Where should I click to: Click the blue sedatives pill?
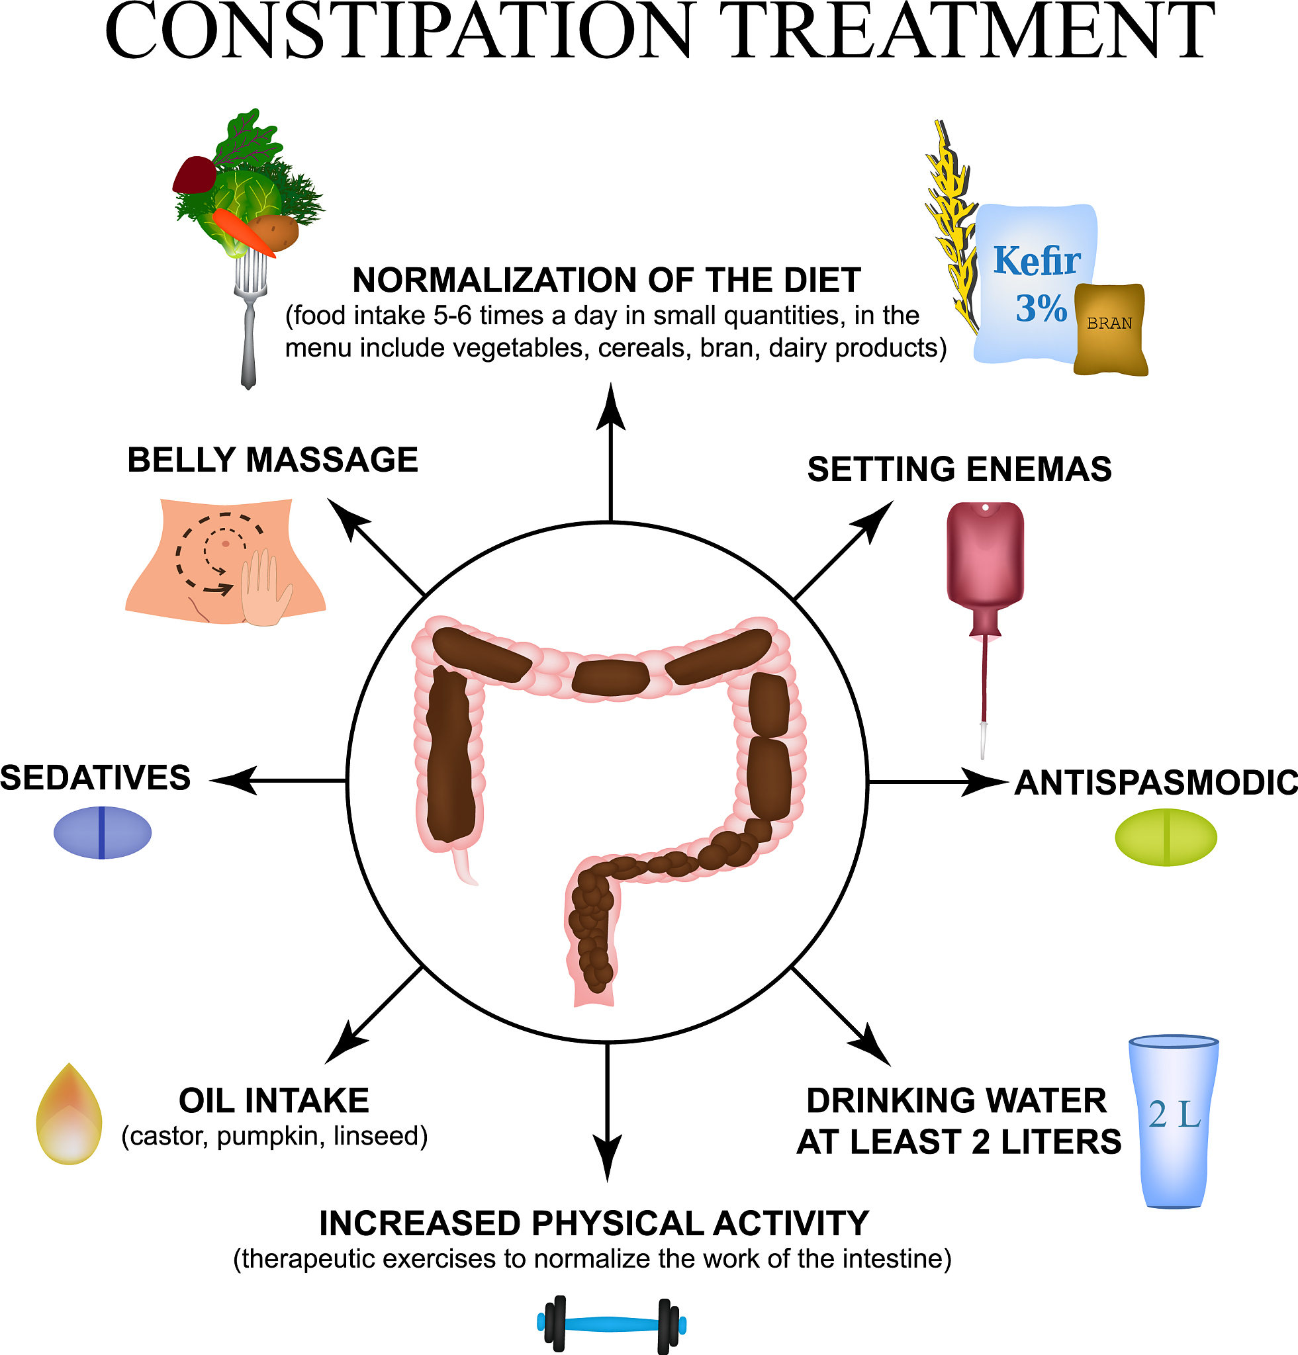[103, 832]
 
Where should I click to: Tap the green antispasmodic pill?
[1166, 837]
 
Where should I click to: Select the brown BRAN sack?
[1111, 329]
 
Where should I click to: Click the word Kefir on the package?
[1037, 261]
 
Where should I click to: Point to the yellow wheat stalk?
[952, 228]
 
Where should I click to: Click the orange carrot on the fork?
[244, 232]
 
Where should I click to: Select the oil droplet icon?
[69, 1114]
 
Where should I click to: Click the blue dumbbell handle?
[612, 1325]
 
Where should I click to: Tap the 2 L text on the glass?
[1175, 1115]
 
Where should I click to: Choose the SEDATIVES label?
[95, 778]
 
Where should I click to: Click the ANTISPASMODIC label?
[1156, 783]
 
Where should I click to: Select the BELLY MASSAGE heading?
[273, 460]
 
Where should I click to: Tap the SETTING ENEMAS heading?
[960, 469]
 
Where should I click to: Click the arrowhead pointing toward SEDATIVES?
[233, 781]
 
